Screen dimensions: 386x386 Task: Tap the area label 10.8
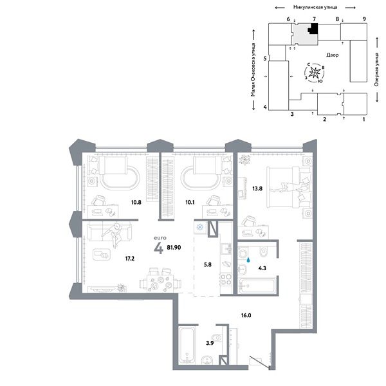coord(136,202)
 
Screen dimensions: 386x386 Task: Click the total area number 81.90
coord(174,246)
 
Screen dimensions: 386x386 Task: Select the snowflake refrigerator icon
coord(199,227)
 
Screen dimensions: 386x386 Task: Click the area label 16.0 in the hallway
coord(244,316)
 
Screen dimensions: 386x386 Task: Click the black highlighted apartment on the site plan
coord(313,29)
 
